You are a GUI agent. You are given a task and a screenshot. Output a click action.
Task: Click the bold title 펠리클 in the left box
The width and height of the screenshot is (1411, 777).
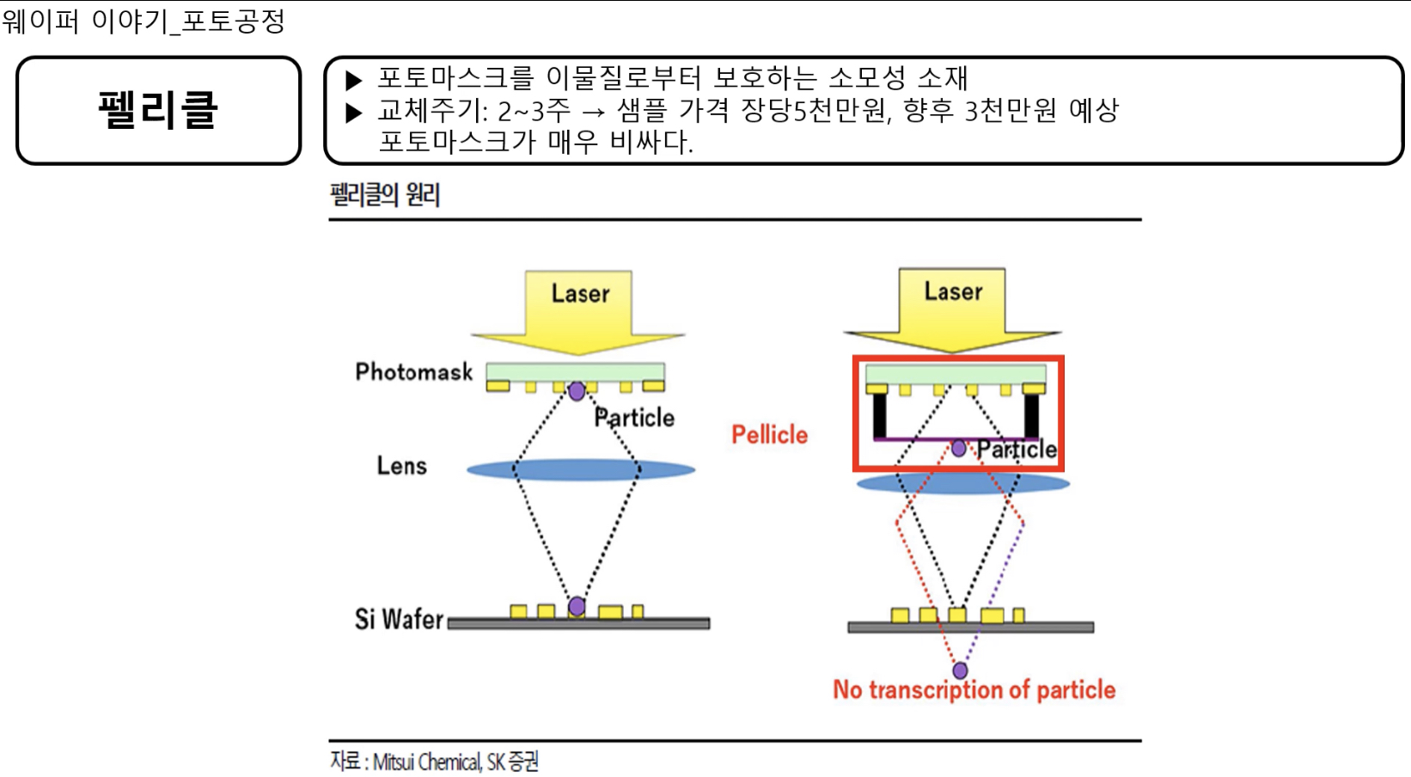[x=158, y=110]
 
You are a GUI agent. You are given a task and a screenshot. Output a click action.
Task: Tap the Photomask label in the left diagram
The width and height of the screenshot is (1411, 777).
[x=413, y=371]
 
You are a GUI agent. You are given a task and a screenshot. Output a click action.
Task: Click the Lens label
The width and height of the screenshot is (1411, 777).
[x=401, y=466]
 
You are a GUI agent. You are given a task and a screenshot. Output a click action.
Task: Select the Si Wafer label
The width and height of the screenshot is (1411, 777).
[x=399, y=619]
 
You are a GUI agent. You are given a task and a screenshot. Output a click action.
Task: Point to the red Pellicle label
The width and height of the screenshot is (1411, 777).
[x=769, y=435]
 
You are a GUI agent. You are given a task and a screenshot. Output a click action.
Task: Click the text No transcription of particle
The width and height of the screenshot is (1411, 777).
[x=974, y=689]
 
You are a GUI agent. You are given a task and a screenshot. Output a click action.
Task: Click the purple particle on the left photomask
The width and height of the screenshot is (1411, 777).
[x=577, y=391]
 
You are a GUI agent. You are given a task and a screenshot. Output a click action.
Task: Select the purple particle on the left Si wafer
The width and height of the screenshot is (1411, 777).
[x=577, y=607]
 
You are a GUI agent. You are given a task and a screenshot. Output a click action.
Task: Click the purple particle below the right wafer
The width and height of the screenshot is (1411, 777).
[x=960, y=670]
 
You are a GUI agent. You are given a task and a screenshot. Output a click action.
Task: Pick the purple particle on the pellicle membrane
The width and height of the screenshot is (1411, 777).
[x=958, y=448]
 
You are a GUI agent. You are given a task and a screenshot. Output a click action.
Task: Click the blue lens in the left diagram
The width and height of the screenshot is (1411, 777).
[x=581, y=469]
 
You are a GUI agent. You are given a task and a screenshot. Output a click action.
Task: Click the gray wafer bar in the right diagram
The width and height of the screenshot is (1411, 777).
[x=970, y=627]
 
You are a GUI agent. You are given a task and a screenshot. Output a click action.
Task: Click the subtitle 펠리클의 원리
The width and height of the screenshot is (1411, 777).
[x=385, y=195]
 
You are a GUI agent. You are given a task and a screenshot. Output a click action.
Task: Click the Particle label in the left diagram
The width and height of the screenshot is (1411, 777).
[x=634, y=418]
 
